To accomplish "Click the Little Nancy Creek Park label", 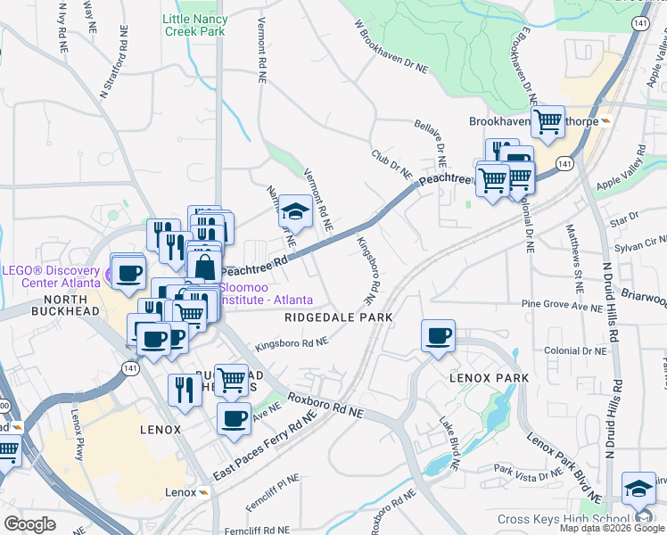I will click(194, 24).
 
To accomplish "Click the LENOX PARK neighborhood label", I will click(489, 378).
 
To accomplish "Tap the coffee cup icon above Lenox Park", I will click(438, 336).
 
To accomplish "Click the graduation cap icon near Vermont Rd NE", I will click(295, 212).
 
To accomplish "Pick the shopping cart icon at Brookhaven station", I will click(547, 120).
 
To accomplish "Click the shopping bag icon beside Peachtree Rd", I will click(204, 267).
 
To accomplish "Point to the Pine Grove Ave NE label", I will click(563, 305).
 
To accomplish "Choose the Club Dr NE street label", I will click(391, 164).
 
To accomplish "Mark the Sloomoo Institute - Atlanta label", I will click(266, 293).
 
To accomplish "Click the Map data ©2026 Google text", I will click(612, 528).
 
